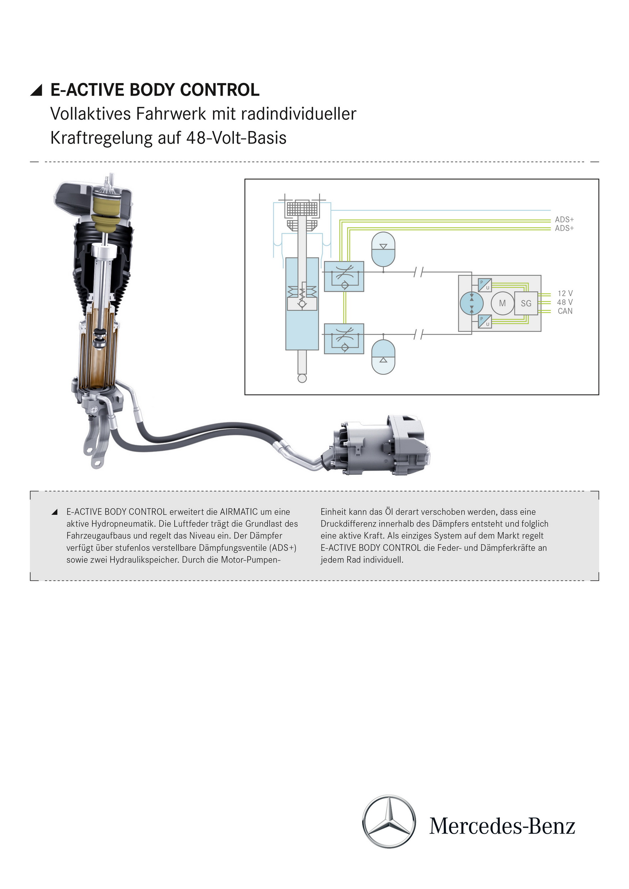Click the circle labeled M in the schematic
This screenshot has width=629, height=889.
click(502, 303)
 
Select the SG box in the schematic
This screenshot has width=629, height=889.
click(526, 303)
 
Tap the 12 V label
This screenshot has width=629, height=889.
click(565, 293)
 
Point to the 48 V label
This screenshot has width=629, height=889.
click(565, 302)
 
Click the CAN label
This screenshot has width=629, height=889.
click(565, 311)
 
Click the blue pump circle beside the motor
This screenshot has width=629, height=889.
click(472, 303)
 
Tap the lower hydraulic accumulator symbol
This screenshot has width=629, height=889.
click(383, 357)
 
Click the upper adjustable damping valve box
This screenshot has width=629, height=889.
click(344, 276)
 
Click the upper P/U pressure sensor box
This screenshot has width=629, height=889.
click(485, 285)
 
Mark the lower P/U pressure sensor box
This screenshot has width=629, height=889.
click(485, 321)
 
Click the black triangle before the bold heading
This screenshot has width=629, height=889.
click(36, 90)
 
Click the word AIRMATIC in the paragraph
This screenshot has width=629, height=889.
click(238, 512)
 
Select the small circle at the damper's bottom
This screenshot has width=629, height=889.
click(302, 378)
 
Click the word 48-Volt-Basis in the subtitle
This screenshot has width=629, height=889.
click(236, 138)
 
